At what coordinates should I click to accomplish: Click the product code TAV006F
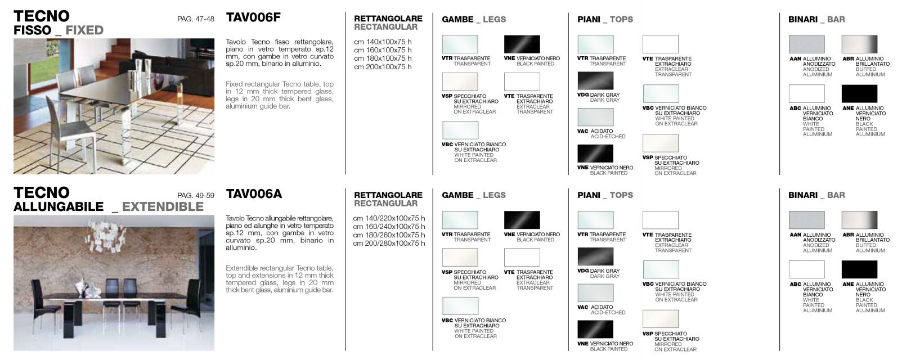pyautogui.click(x=253, y=17)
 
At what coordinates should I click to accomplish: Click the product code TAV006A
pyautogui.click(x=254, y=194)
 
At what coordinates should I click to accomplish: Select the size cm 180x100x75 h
pyautogui.click(x=383, y=58)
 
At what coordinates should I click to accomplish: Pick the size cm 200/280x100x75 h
pyautogui.click(x=389, y=244)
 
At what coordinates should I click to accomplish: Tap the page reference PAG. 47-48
pyautogui.click(x=195, y=19)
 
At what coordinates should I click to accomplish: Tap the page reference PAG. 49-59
pyautogui.click(x=195, y=196)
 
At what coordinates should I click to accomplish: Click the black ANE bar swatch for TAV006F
pyautogui.click(x=859, y=93)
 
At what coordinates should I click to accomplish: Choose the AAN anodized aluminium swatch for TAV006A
pyautogui.click(x=806, y=220)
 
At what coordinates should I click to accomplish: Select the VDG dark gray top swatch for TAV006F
pyautogui.click(x=595, y=80)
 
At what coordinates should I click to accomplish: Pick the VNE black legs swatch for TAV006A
pyautogui.click(x=522, y=220)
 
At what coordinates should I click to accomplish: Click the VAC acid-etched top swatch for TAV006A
pyautogui.click(x=595, y=293)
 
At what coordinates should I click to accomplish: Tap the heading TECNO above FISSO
pyautogui.click(x=41, y=16)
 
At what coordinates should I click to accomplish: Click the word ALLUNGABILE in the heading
pyautogui.click(x=59, y=207)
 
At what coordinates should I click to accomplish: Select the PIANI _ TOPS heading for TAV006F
pyautogui.click(x=605, y=20)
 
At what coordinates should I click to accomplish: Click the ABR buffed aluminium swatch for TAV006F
pyautogui.click(x=859, y=44)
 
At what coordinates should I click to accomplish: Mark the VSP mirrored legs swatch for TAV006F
pyautogui.click(x=460, y=82)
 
